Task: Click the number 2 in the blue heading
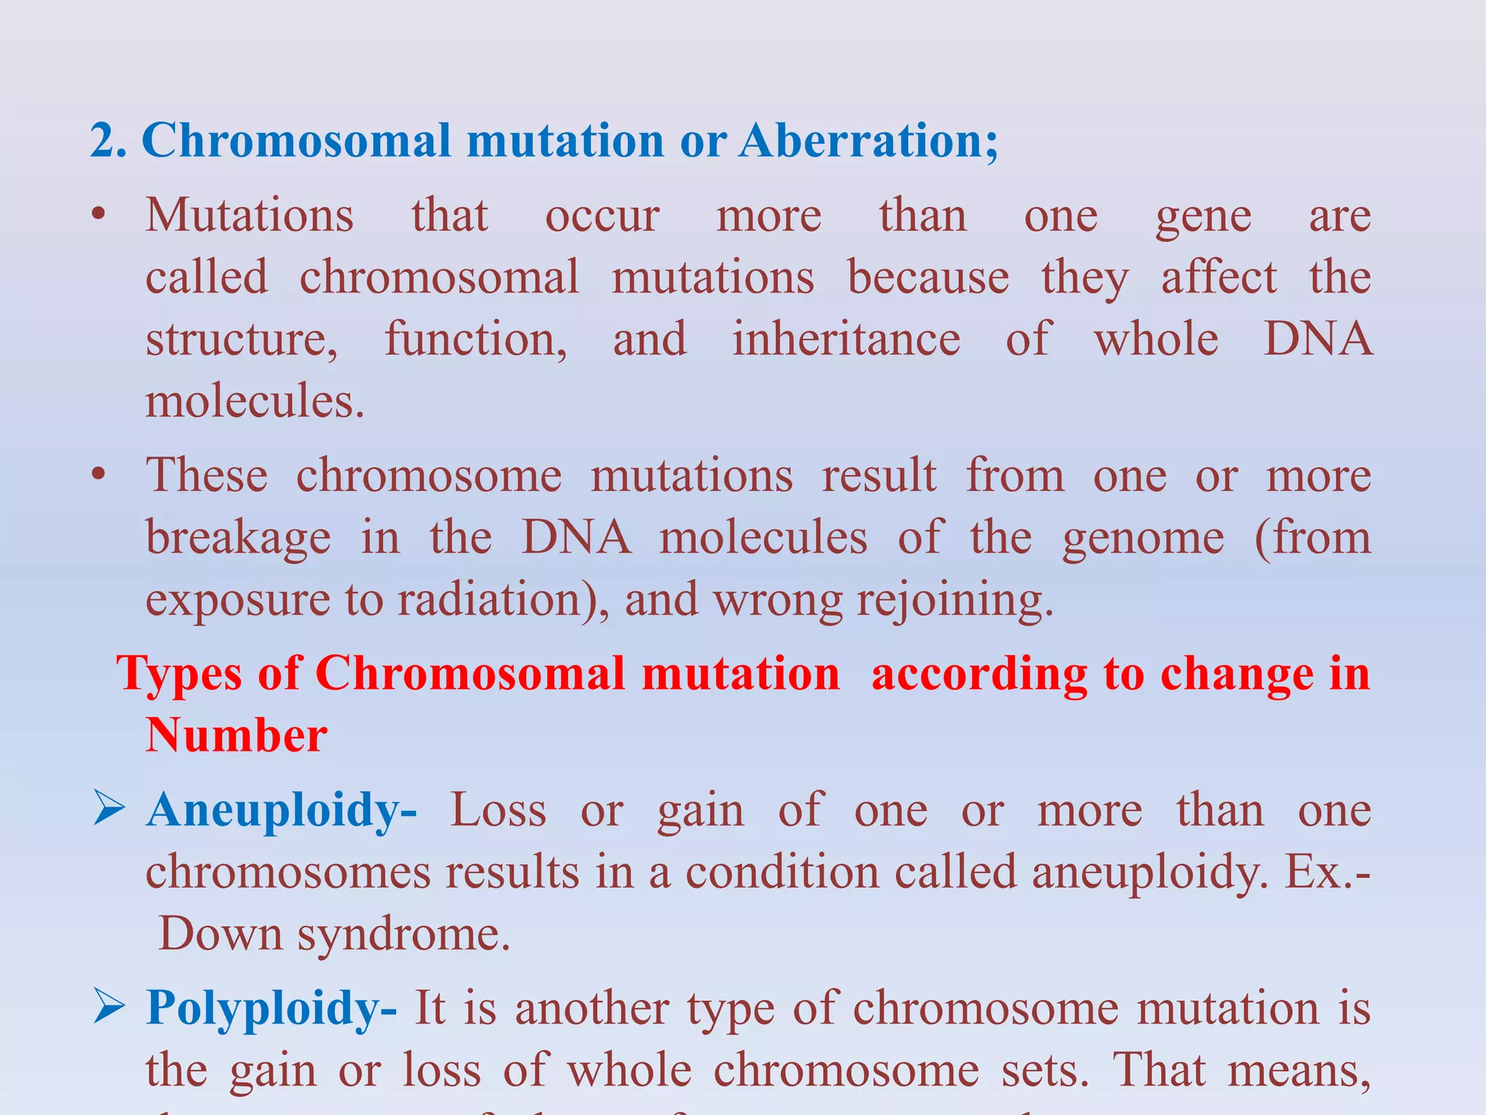coord(102,141)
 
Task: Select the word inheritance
coord(845,340)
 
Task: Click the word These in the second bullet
coord(207,475)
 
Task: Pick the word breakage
coord(238,539)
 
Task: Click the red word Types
coord(178,674)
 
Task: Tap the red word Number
coord(237,735)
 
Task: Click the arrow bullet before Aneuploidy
coord(110,809)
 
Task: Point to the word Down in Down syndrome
coord(220,934)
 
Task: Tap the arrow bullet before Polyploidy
coord(110,1008)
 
